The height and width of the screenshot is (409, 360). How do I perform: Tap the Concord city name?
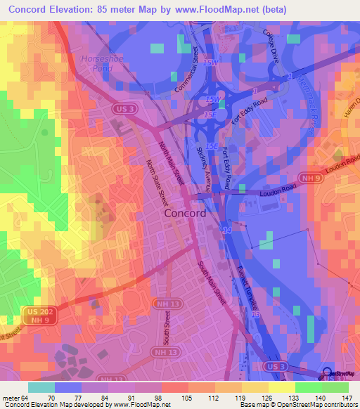(x=185, y=214)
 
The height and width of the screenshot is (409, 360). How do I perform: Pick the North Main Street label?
(x=172, y=162)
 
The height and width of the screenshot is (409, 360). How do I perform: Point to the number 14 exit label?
(x=226, y=230)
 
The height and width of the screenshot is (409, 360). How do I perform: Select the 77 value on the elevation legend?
(x=79, y=398)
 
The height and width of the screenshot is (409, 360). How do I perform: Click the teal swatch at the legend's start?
(x=41, y=387)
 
